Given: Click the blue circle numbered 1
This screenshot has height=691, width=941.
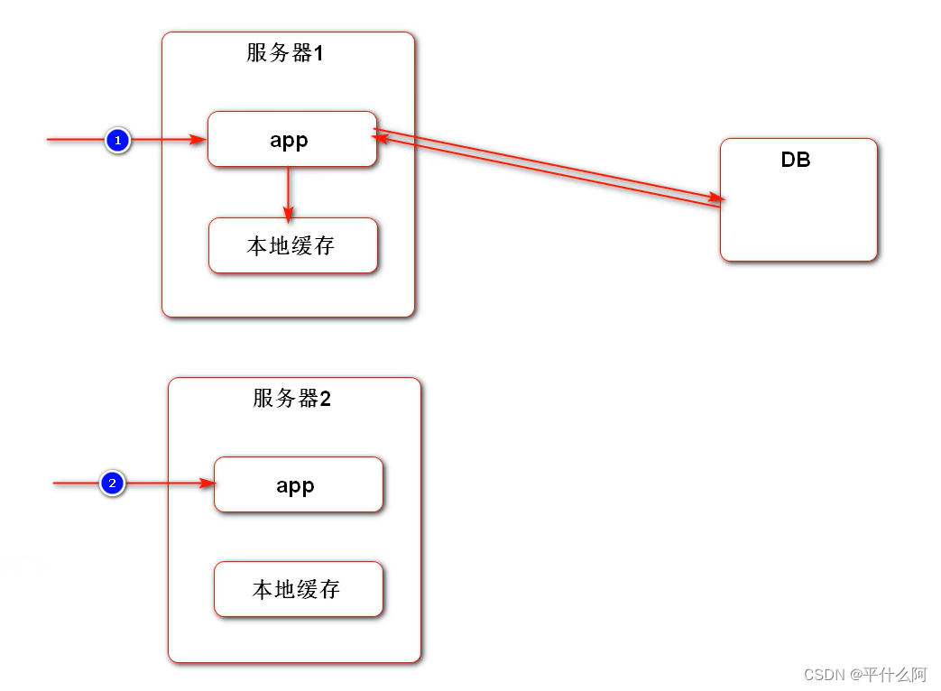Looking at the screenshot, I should tap(118, 141).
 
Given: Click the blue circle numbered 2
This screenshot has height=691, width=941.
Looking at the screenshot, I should tap(112, 484).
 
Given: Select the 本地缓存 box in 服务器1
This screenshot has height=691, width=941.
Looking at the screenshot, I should tap(291, 245).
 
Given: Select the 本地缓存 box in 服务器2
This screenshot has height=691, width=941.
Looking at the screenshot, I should tap(298, 589).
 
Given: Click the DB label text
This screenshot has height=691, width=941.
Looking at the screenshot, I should tap(796, 160).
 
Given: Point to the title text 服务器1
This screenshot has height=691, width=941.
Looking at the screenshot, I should tap(284, 53).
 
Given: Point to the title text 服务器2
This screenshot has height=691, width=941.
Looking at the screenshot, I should tap(291, 399).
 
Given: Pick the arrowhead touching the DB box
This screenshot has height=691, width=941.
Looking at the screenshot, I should tap(716, 196).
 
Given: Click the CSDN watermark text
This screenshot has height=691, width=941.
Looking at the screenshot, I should tap(822, 675).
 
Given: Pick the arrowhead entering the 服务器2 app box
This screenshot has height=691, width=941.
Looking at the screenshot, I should tap(208, 484).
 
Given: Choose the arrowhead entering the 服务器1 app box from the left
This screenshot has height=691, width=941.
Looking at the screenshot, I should tap(199, 140).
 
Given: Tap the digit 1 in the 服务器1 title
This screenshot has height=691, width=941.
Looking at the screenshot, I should tap(318, 53).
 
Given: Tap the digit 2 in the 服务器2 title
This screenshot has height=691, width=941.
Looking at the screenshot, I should tap(326, 399).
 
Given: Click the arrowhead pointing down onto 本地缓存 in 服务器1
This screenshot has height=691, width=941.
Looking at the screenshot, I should tap(288, 214).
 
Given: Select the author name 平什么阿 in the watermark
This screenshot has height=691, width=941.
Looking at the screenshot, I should tap(896, 675).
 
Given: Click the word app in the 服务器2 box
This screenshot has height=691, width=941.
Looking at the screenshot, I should tap(295, 485).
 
